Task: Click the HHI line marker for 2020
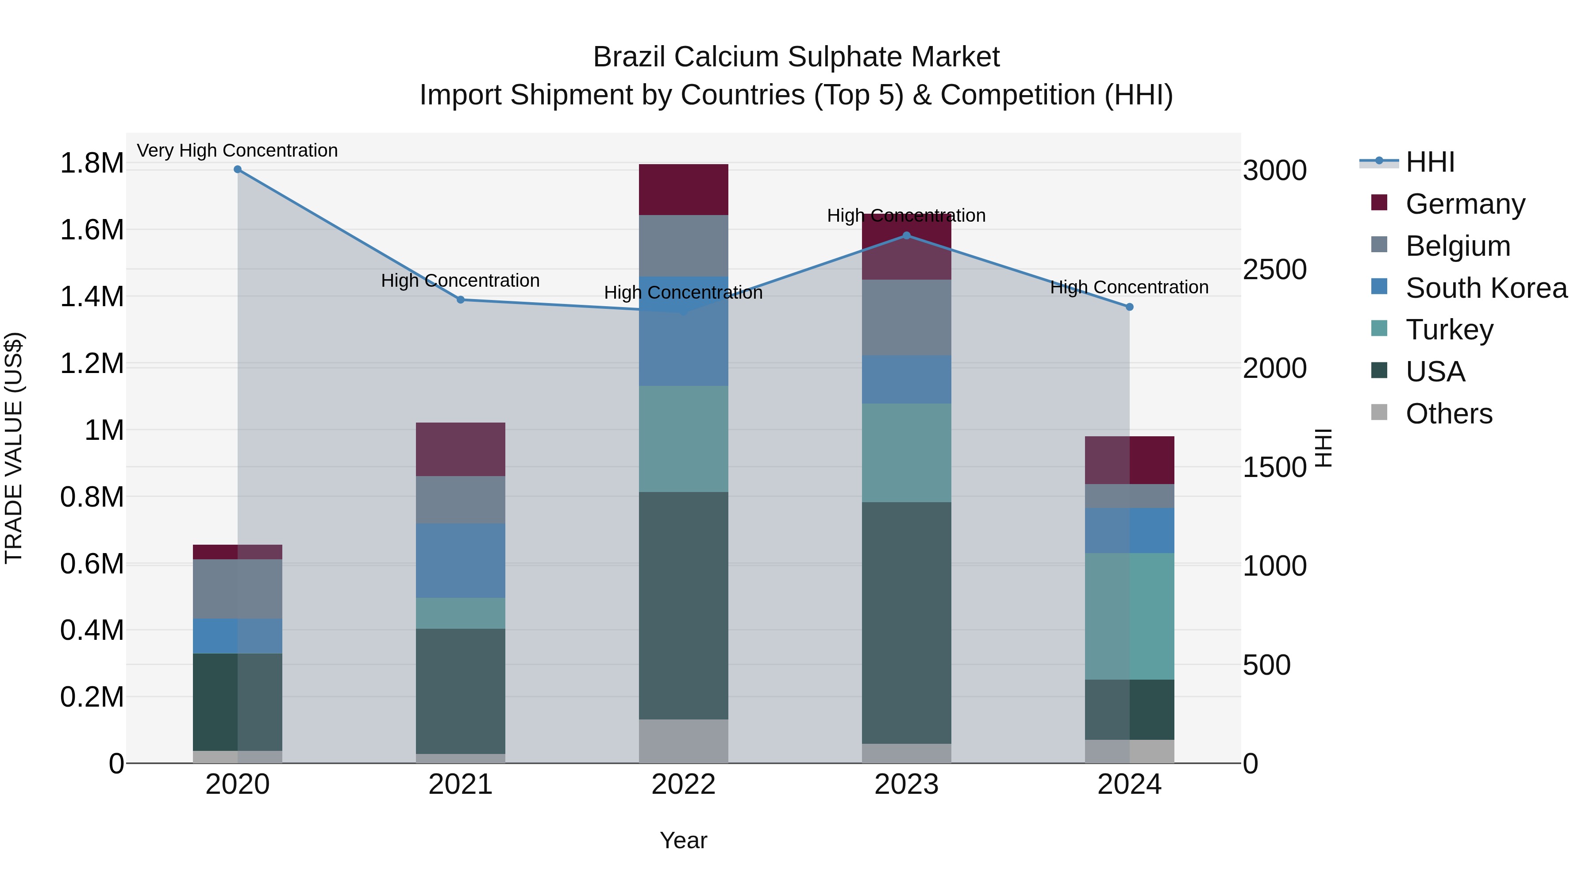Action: (238, 169)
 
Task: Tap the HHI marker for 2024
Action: (1129, 307)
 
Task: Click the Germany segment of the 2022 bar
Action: (683, 190)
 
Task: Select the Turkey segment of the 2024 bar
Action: (1129, 616)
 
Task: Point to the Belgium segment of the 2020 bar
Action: (238, 588)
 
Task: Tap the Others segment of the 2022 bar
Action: (683, 741)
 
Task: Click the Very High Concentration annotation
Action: (238, 151)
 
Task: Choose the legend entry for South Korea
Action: (1486, 288)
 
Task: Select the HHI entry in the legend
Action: (1430, 162)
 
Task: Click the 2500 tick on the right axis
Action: (1274, 269)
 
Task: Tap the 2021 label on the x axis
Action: (460, 784)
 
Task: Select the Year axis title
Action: (683, 840)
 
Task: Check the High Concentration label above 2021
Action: (460, 281)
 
